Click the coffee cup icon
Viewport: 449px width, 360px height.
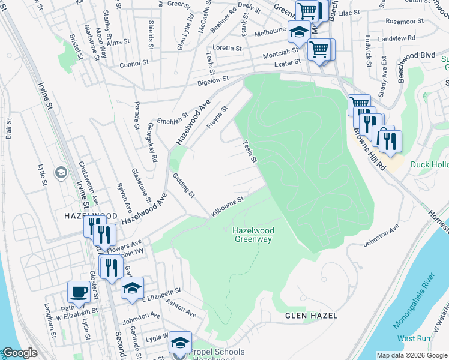pyautogui.click(x=79, y=292)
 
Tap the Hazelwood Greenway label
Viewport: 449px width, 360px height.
pyautogui.click(x=252, y=235)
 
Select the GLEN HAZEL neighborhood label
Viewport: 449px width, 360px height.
pyautogui.click(x=311, y=315)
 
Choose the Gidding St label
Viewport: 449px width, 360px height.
pyautogui.click(x=184, y=184)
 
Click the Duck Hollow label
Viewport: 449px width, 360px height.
pyautogui.click(x=429, y=164)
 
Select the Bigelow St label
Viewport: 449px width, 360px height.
pyautogui.click(x=214, y=79)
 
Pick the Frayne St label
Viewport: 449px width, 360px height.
pyautogui.click(x=217, y=118)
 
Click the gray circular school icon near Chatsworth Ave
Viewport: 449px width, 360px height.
pyautogui.click(x=61, y=173)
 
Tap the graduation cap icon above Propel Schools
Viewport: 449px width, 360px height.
pyautogui.click(x=179, y=343)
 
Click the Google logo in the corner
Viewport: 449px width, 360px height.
pyautogui.click(x=19, y=353)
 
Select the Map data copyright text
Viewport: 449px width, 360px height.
pyautogui.click(x=412, y=355)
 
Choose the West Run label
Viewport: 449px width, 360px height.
pyautogui.click(x=414, y=338)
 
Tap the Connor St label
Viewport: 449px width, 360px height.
pyautogui.click(x=133, y=64)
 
